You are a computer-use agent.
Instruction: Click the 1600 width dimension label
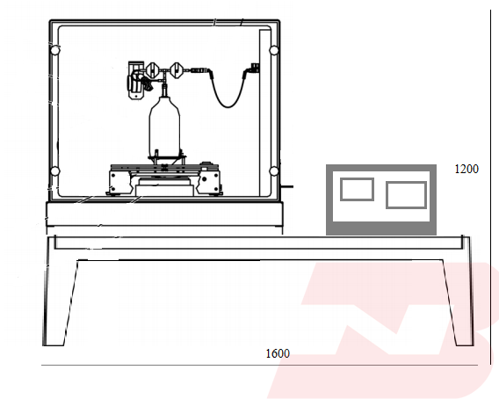(x=278, y=353)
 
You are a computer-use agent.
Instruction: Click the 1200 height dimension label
(x=466, y=169)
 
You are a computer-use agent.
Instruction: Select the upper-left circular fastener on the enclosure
(x=55, y=50)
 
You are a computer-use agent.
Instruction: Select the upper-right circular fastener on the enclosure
(x=274, y=50)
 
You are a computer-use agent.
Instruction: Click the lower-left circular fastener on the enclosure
(x=54, y=171)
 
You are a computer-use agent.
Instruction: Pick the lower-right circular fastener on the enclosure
(x=274, y=171)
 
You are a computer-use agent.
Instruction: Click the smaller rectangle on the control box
(x=357, y=190)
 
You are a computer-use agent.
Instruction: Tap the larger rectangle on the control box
(x=407, y=195)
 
